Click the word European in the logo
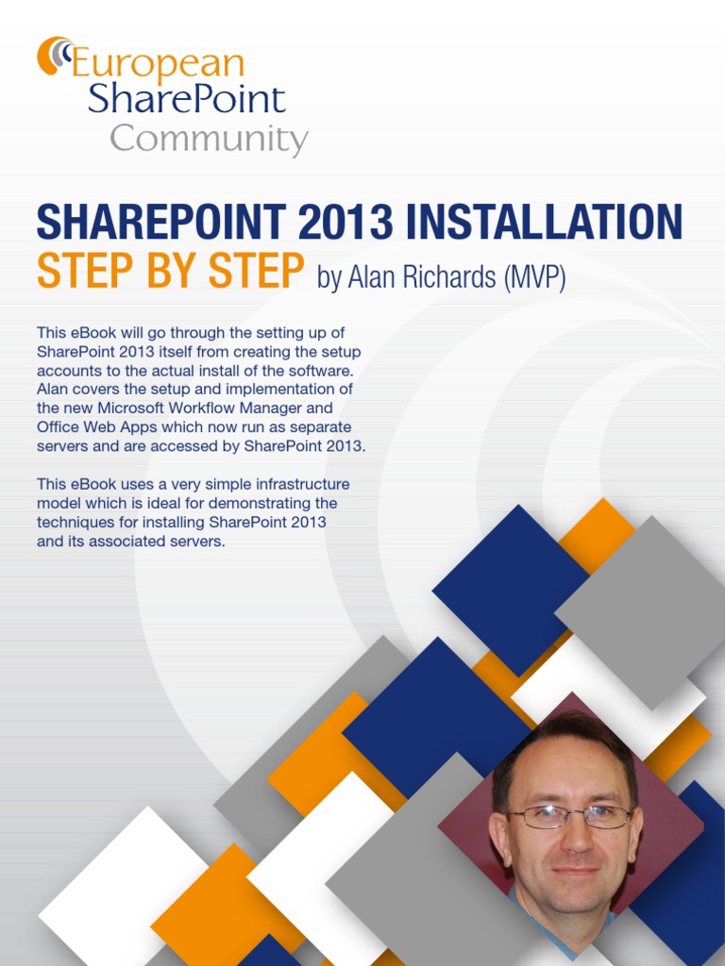(159, 64)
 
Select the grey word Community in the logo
(209, 140)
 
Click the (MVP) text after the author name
(534, 277)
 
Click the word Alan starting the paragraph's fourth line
(53, 389)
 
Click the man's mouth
(573, 870)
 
